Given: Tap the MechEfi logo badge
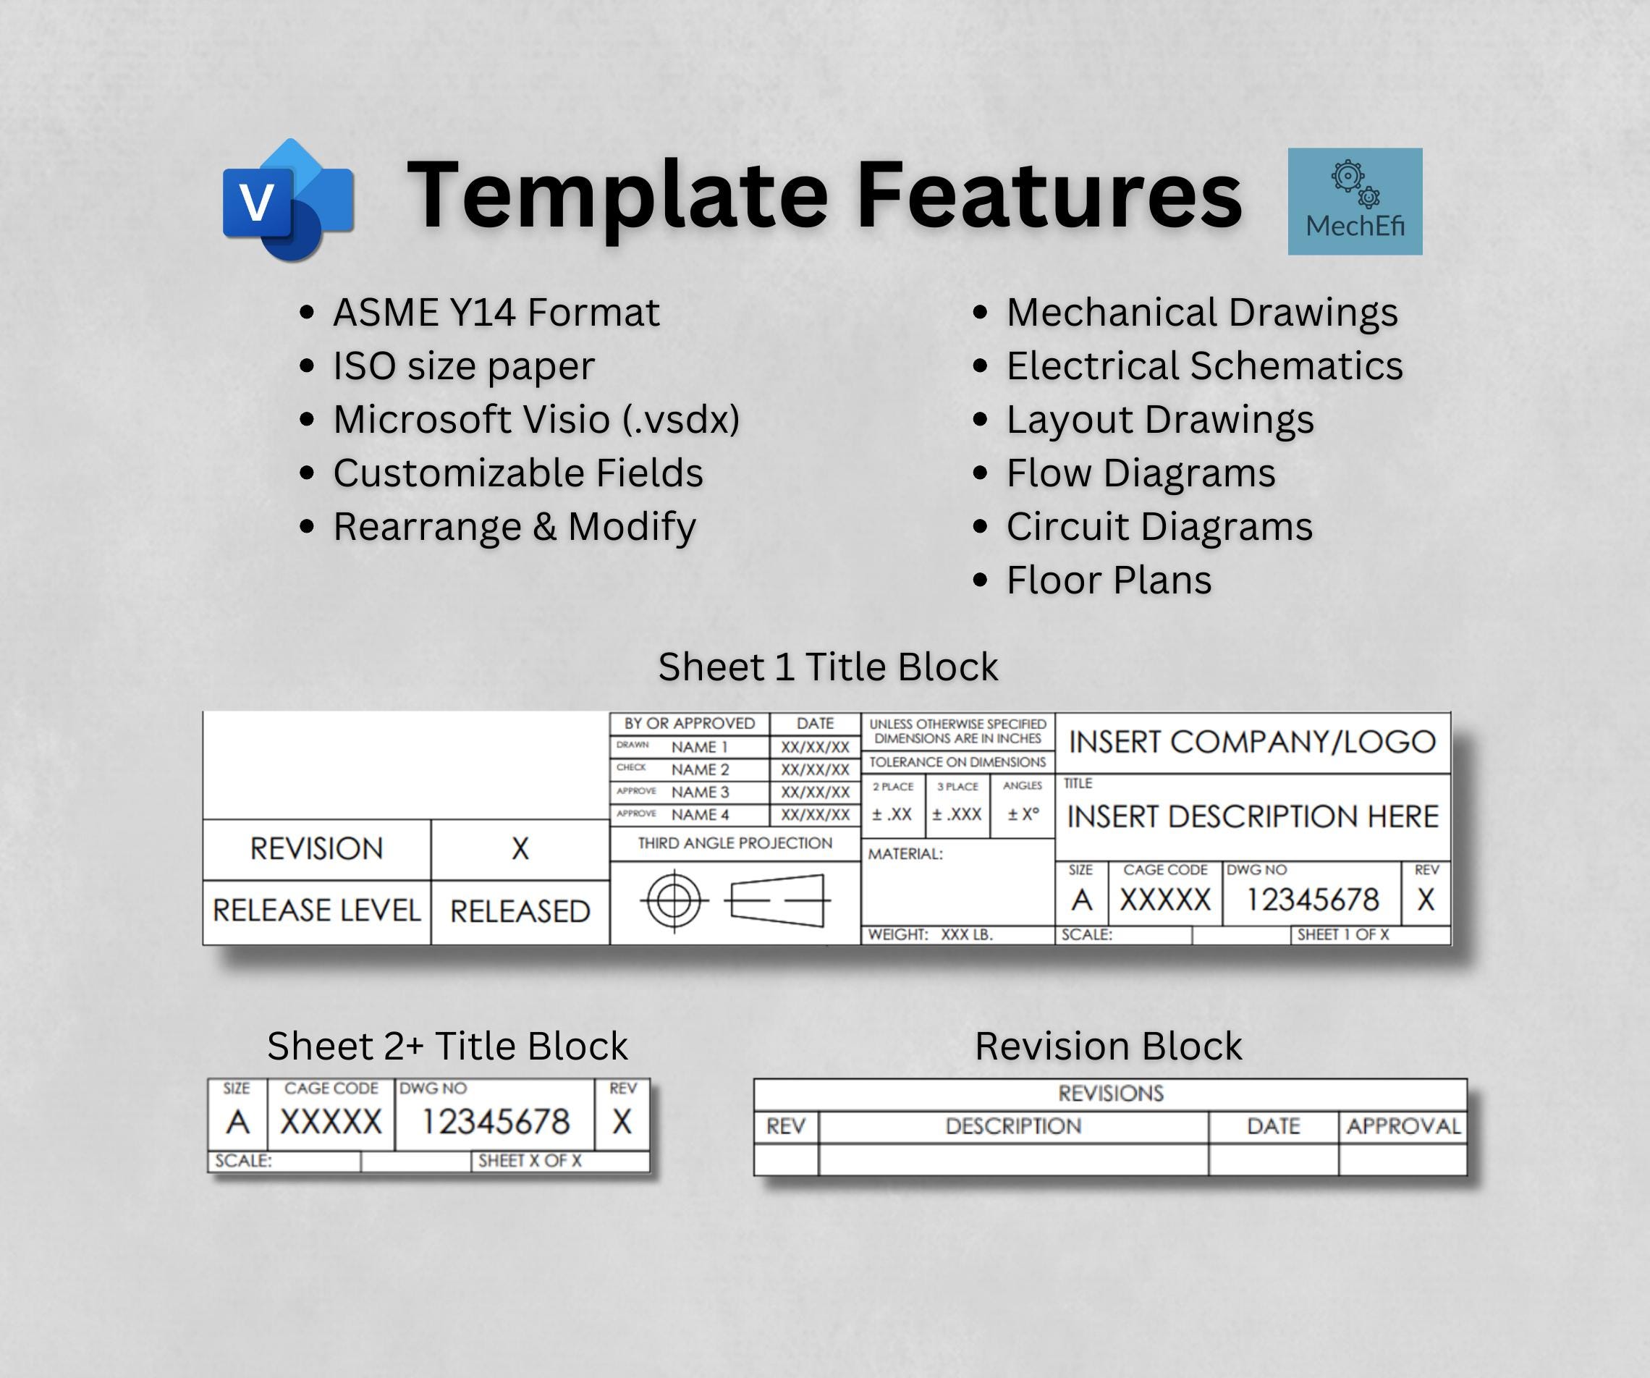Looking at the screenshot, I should point(1355,201).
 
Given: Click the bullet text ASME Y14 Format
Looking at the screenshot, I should point(496,313).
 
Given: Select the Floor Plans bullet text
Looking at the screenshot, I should point(1109,580).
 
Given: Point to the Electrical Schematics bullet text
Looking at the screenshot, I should point(1204,366).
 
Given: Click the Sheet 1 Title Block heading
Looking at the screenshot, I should point(828,667).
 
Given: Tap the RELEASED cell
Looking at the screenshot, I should point(520,911).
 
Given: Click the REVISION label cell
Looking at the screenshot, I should point(317,848).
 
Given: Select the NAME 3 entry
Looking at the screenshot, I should point(699,792).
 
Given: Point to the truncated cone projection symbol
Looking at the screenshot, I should point(778,900).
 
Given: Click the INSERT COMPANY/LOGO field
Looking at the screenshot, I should point(1253,742).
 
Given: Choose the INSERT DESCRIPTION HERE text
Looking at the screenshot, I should point(1253,817).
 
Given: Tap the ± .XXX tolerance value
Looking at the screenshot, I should point(956,815).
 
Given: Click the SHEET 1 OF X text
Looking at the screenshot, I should point(1342,935).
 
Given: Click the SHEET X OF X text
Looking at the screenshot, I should point(530,1161).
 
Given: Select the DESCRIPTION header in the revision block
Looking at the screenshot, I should point(1012,1127).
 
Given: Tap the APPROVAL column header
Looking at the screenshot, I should point(1403,1127).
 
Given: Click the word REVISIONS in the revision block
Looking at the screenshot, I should point(1110,1094).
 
